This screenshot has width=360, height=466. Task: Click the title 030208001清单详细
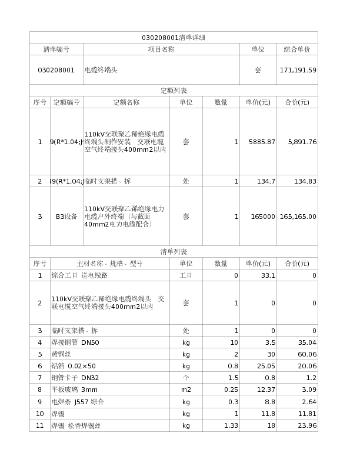(174, 38)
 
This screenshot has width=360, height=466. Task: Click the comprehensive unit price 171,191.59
(298, 70)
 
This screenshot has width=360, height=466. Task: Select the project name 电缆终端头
(101, 70)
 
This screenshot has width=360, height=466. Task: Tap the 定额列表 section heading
(174, 91)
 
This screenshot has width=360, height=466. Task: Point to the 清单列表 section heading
(174, 252)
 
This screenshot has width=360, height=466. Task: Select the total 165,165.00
(298, 217)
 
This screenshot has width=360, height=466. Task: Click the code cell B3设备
(66, 217)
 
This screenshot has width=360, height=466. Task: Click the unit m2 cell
(186, 390)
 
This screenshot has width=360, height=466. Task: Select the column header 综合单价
(297, 49)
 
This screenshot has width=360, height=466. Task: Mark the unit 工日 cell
(186, 275)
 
